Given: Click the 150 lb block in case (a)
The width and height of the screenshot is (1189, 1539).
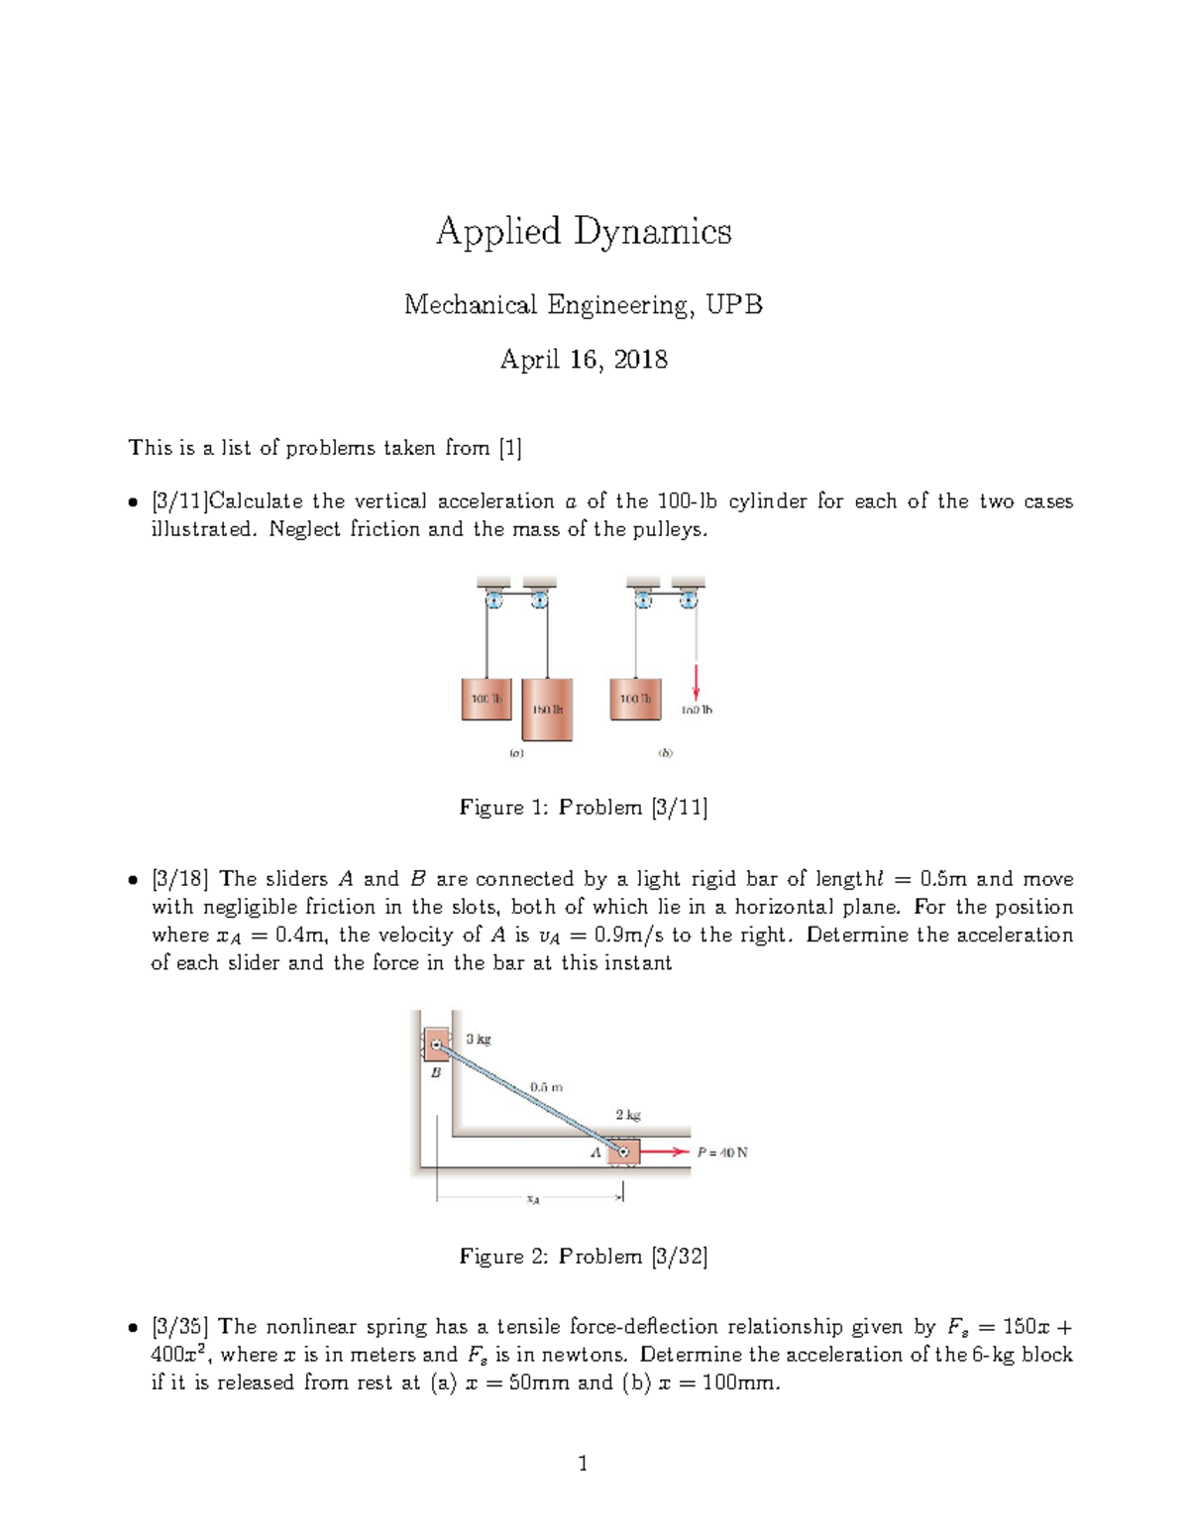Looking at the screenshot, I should tap(547, 709).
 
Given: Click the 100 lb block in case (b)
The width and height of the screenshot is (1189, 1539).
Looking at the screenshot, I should tap(635, 699).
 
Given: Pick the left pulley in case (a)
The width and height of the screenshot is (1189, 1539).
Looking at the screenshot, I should tap(492, 600).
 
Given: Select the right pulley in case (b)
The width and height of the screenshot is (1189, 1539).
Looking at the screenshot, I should tap(689, 600).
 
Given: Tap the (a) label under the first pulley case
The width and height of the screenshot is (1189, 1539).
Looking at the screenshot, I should tap(516, 753).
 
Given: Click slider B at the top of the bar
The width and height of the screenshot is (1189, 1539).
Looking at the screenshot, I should tap(436, 1044).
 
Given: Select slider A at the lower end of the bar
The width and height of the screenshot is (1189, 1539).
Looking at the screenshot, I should tap(623, 1152).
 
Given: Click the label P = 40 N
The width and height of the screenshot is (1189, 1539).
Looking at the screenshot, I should tap(722, 1153).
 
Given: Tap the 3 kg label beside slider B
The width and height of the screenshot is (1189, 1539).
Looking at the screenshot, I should tap(479, 1040).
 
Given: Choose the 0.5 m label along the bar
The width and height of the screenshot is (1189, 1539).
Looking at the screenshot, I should tap(546, 1086).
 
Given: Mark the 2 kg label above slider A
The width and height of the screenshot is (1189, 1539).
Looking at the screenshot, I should tap(628, 1115).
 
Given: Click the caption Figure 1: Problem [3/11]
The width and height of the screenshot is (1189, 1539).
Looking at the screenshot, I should tap(584, 808).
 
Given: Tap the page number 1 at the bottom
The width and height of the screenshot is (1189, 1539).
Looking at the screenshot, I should tap(583, 1464).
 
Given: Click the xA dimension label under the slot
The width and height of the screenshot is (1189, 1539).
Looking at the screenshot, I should tap(533, 1200).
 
